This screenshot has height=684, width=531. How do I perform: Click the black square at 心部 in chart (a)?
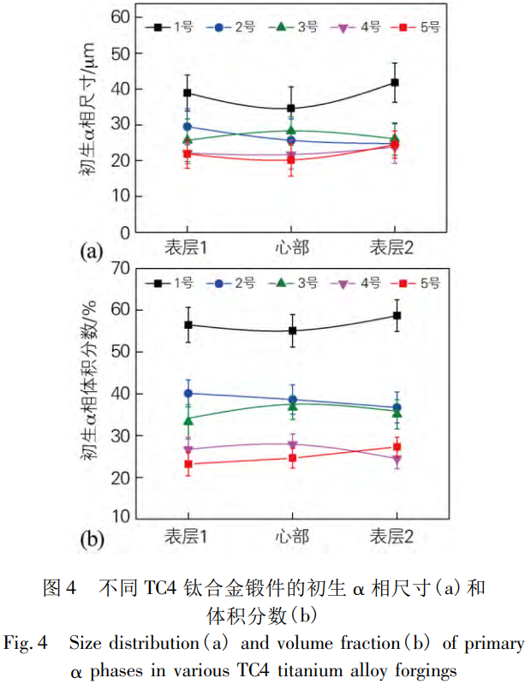(291, 109)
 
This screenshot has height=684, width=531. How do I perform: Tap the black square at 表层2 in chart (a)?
(395, 82)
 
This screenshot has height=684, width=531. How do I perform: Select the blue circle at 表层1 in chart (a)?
(188, 127)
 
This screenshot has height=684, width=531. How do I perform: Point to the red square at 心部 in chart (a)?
(291, 159)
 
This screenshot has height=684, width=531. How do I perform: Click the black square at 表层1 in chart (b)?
(188, 325)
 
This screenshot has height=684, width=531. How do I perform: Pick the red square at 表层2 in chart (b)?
(396, 447)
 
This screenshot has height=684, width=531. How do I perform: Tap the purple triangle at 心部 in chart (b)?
(291, 444)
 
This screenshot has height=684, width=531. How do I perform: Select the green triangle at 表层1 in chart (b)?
(188, 420)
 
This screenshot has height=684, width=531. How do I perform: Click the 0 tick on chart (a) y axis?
(128, 231)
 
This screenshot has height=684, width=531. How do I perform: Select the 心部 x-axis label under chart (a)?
(291, 247)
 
